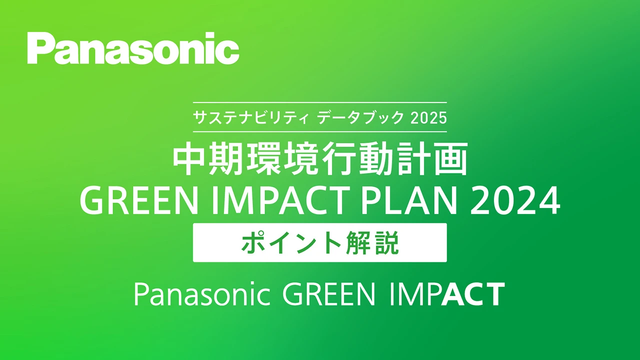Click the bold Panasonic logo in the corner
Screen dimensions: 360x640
(133, 48)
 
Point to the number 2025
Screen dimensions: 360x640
(428, 118)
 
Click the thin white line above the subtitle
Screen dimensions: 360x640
(320, 103)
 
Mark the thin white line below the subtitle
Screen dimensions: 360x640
(320, 131)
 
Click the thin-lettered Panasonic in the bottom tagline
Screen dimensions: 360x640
(202, 294)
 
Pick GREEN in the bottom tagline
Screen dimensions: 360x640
(328, 294)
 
